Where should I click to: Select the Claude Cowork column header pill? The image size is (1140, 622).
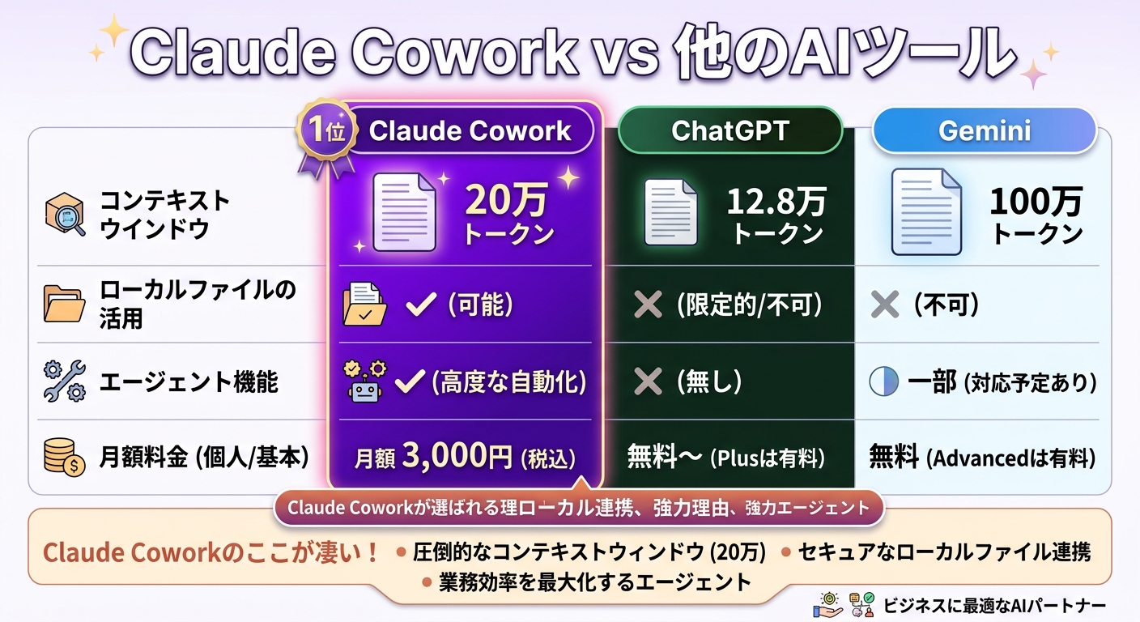click(470, 131)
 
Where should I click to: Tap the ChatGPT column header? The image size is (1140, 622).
click(730, 131)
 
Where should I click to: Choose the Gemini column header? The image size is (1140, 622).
click(984, 131)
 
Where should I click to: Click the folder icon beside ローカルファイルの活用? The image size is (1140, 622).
click(64, 305)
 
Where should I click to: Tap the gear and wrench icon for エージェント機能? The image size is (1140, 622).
click(64, 381)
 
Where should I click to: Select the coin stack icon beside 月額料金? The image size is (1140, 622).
click(64, 458)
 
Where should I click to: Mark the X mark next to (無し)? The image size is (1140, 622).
click(647, 381)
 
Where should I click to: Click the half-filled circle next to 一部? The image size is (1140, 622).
click(883, 381)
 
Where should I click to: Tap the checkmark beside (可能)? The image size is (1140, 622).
click(419, 305)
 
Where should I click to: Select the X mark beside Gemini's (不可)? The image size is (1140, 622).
click(884, 305)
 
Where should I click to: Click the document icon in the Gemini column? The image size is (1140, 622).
click(926, 211)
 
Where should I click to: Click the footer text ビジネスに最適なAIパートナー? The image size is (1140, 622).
click(994, 605)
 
